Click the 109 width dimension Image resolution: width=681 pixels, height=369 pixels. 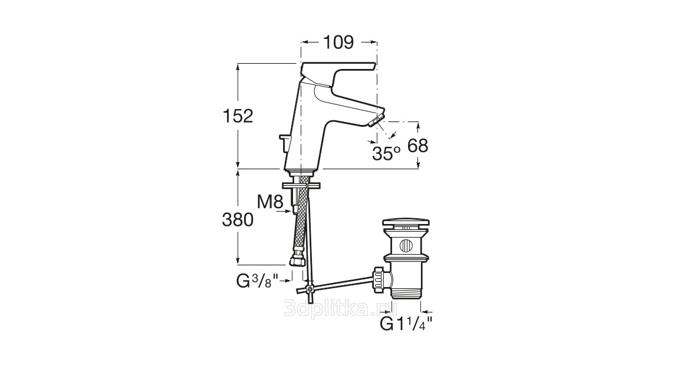338,42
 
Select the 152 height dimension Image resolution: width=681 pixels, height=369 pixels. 238,116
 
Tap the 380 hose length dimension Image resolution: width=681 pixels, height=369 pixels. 238,220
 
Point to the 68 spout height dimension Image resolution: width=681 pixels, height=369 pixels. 418,146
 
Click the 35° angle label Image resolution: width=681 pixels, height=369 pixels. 386,153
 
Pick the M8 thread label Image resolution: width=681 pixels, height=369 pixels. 270,202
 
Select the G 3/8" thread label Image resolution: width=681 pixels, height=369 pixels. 257,281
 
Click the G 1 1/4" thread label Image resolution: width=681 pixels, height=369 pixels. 406,324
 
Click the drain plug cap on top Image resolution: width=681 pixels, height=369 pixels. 406,224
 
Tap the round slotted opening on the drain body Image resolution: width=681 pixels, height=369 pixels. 406,246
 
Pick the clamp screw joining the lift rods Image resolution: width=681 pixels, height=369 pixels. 309,289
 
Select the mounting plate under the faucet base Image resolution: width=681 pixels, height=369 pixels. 301,185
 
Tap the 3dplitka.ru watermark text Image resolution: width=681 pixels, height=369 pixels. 341,308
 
